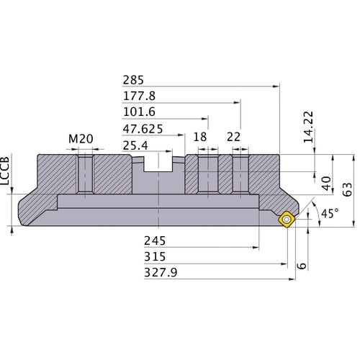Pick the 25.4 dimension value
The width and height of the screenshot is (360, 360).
point(136,146)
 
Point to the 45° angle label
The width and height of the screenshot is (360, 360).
point(330,214)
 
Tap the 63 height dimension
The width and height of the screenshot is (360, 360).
point(348,189)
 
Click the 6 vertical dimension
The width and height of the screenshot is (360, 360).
point(302,265)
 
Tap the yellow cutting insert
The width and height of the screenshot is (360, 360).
point(286,220)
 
